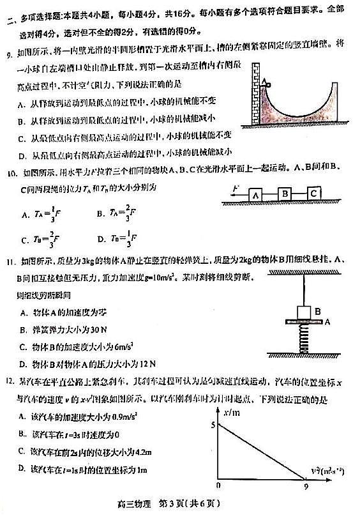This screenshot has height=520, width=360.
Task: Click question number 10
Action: coord(11,172)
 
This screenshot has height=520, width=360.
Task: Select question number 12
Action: coord(11,381)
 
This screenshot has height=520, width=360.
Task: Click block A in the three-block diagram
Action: coord(255,194)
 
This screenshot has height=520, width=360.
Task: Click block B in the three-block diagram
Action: coord(285,194)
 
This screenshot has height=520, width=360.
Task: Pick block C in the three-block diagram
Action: coord(314,193)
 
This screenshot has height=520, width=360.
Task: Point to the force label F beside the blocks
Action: coord(236,189)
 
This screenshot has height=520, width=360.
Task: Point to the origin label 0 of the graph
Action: coord(218,486)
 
